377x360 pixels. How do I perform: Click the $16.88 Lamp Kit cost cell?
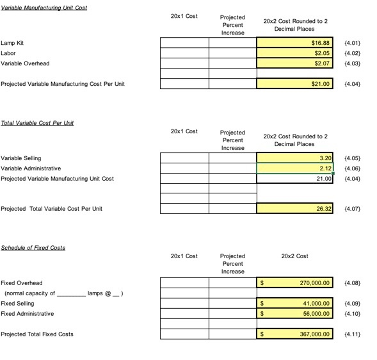click(295, 43)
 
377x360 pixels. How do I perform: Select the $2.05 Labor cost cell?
click(295, 53)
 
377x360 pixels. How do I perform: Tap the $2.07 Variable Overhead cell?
click(295, 63)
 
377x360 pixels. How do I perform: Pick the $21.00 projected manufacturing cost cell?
click(295, 84)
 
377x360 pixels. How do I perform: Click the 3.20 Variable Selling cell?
click(295, 158)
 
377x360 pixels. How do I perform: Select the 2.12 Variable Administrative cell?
click(295, 168)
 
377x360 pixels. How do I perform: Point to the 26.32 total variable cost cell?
click(295, 208)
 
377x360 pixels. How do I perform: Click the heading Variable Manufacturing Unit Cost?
click(44, 8)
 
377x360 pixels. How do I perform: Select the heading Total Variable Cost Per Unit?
click(37, 123)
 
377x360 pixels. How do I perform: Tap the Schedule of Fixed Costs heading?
click(33, 247)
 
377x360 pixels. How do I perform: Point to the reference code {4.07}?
click(353, 208)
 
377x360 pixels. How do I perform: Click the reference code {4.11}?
click(353, 334)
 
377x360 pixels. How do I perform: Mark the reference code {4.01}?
click(353, 43)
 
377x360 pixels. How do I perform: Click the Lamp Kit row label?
click(12, 43)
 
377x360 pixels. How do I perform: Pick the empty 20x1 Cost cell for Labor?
click(184, 53)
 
